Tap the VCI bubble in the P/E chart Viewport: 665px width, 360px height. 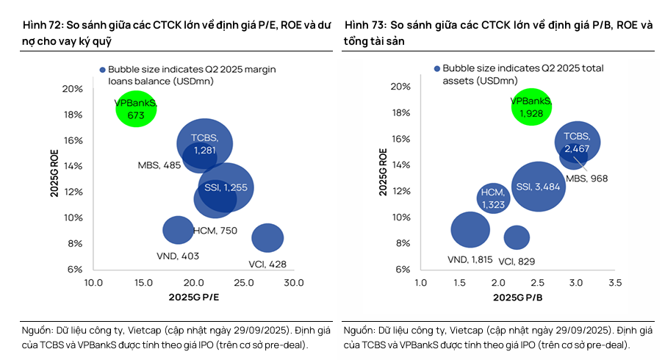(267, 237)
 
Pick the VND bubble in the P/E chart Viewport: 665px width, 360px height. (178, 229)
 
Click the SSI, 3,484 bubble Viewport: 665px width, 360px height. (539, 187)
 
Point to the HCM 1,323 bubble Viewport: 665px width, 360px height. (493, 198)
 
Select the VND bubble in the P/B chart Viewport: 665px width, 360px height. (470, 230)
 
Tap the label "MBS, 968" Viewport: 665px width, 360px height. (587, 179)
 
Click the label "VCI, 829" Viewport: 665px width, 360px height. (517, 262)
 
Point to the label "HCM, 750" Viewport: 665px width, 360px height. (215, 231)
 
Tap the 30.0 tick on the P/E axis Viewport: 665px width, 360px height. (294, 283)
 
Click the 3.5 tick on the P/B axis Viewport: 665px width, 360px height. (615, 283)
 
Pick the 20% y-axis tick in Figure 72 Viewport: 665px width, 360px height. (73, 89)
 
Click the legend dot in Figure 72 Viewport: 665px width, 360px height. (103, 69)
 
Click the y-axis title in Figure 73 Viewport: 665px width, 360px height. (384, 172)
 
